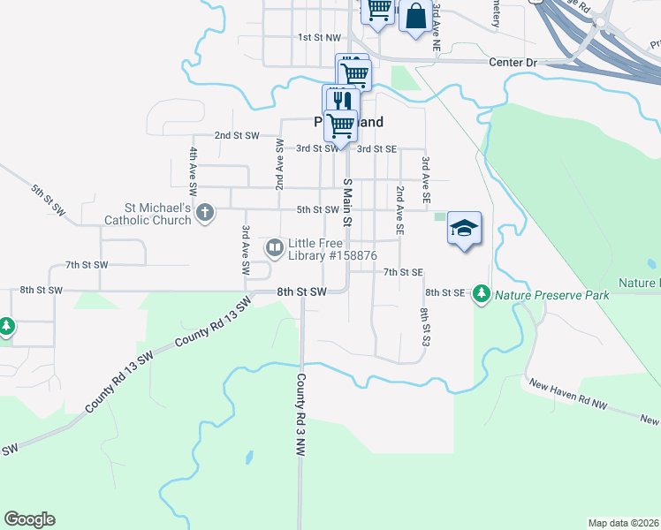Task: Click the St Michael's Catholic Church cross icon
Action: (205, 211)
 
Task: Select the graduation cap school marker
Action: (464, 228)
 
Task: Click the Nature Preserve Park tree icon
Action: (481, 292)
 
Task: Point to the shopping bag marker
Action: (415, 17)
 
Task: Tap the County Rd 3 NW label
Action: (301, 413)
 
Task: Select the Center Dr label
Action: (513, 63)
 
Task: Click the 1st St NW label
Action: (318, 37)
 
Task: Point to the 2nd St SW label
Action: (237, 135)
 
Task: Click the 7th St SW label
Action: (87, 265)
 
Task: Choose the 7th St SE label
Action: (404, 272)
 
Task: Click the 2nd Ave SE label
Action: (399, 209)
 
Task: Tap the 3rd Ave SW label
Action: (246, 249)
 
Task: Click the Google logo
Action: (29, 519)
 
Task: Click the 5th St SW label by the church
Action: (318, 209)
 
